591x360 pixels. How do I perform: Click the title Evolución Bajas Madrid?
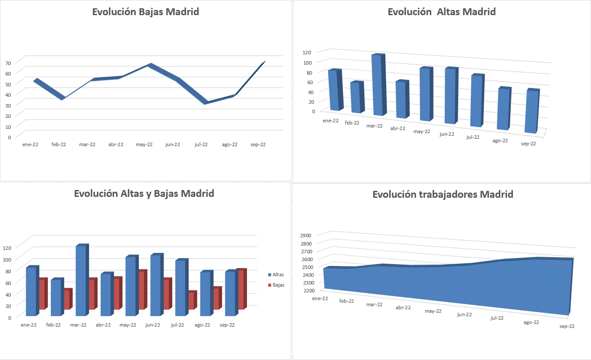click(145, 12)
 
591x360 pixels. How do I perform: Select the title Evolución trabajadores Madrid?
click(443, 194)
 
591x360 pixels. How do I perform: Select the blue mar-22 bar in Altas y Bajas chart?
click(80, 281)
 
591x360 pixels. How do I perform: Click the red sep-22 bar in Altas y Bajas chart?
click(241, 290)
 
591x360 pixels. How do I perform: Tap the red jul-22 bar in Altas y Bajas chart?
click(191, 301)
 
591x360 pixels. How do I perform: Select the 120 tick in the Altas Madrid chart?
click(307, 52)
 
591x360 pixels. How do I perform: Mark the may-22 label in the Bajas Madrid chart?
click(144, 144)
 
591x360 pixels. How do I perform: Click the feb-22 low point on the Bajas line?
click(62, 99)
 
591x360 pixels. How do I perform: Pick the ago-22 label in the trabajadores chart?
click(531, 322)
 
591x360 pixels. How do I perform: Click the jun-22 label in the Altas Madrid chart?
click(447, 134)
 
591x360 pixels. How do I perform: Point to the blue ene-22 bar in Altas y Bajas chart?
click(31, 291)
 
